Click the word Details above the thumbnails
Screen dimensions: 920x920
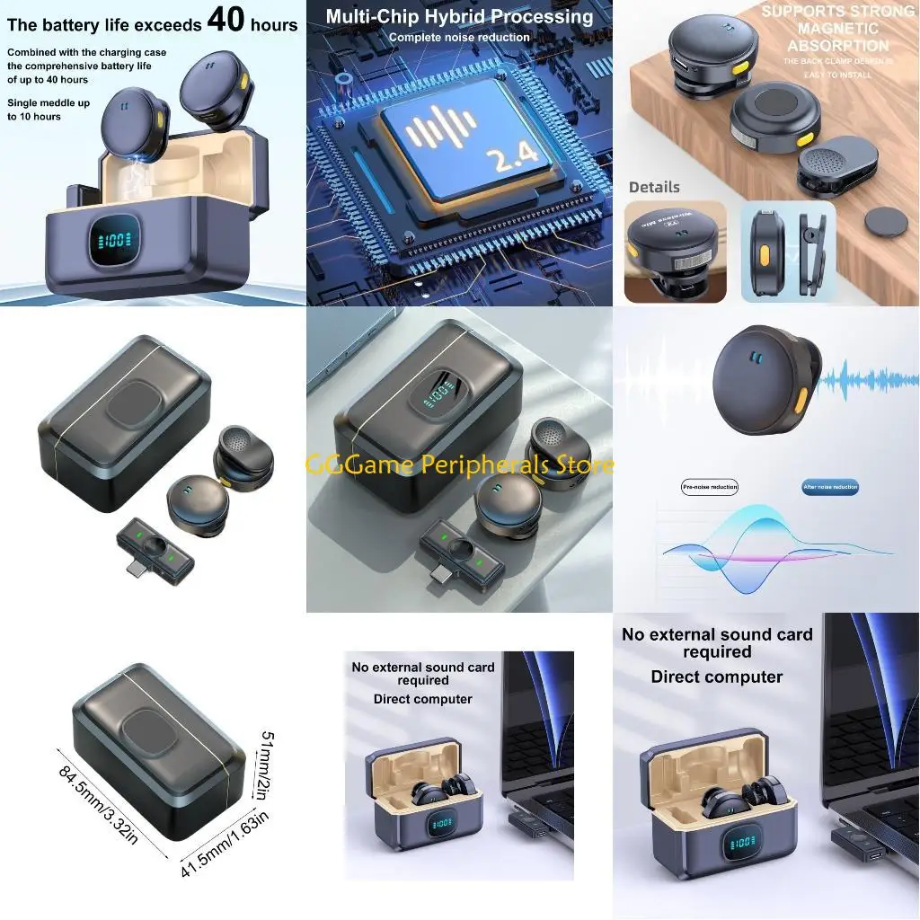tap(654, 187)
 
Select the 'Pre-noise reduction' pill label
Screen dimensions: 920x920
tap(710, 487)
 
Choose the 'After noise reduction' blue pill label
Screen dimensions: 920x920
tap(830, 487)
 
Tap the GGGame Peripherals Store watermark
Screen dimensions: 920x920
tap(460, 464)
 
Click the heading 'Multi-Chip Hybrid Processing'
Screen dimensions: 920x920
tap(459, 17)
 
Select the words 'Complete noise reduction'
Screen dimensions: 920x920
tap(459, 38)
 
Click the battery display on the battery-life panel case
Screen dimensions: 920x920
tap(114, 240)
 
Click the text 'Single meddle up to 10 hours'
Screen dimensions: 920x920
tap(49, 110)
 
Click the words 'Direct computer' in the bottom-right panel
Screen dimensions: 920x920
tap(716, 677)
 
